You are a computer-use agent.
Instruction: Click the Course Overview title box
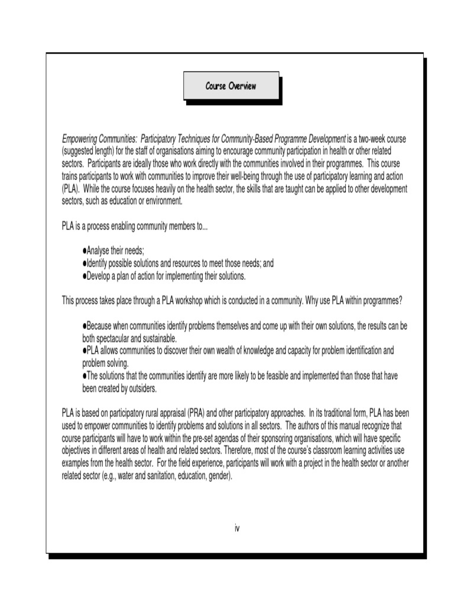(231, 86)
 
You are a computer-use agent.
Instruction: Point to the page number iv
(236, 527)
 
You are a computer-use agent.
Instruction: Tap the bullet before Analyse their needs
(85, 251)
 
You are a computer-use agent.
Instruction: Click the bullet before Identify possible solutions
(85, 263)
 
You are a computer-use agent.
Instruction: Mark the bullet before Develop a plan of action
(85, 276)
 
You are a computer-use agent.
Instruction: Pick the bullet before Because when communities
(85, 326)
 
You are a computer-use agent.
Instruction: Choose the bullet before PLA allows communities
(85, 351)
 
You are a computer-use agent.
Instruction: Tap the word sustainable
(158, 339)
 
